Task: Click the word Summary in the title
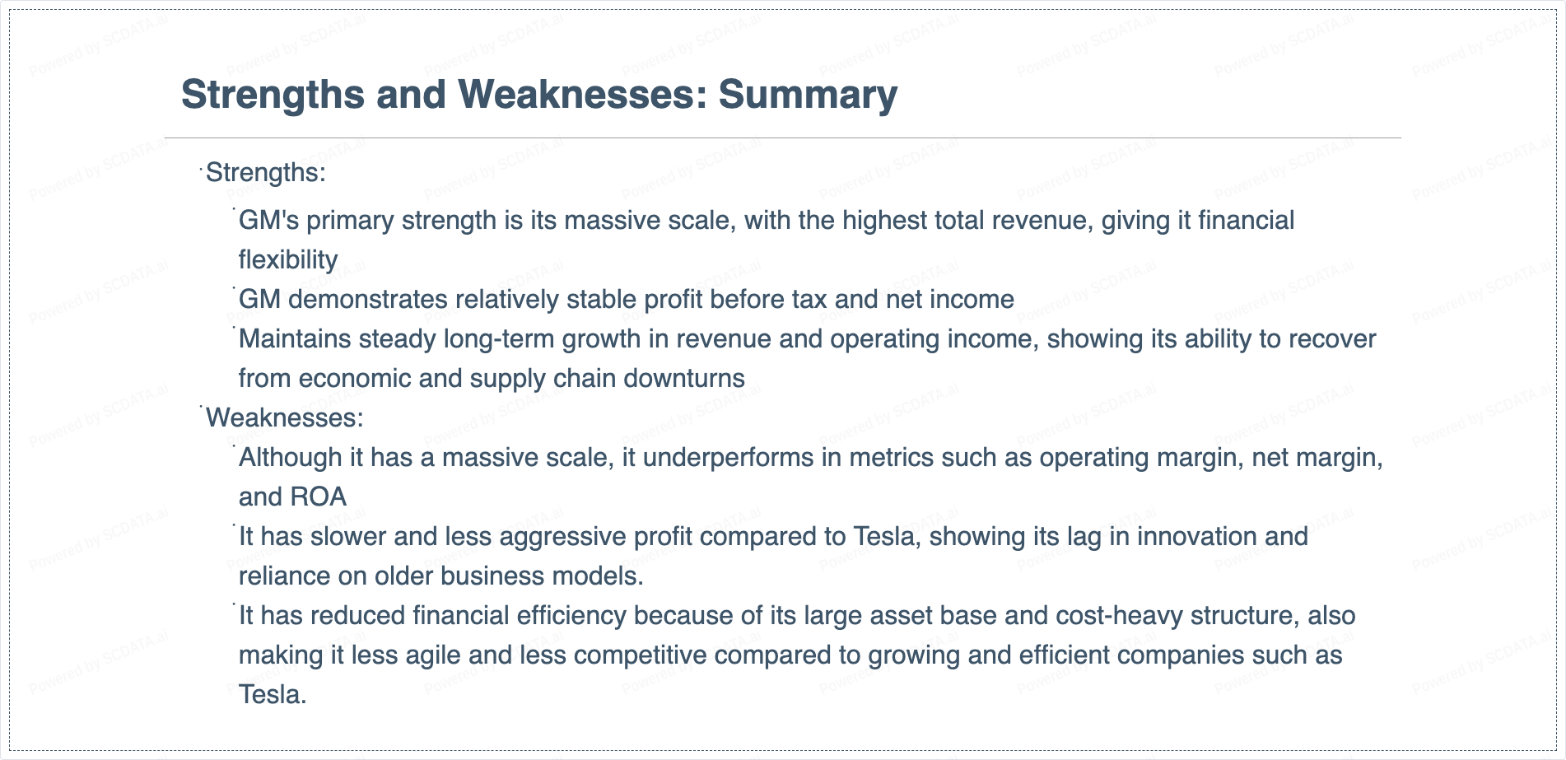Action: point(808,95)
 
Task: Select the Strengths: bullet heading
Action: point(266,173)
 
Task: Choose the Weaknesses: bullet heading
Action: point(285,418)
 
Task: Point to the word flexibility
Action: point(288,260)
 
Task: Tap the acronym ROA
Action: point(319,497)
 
